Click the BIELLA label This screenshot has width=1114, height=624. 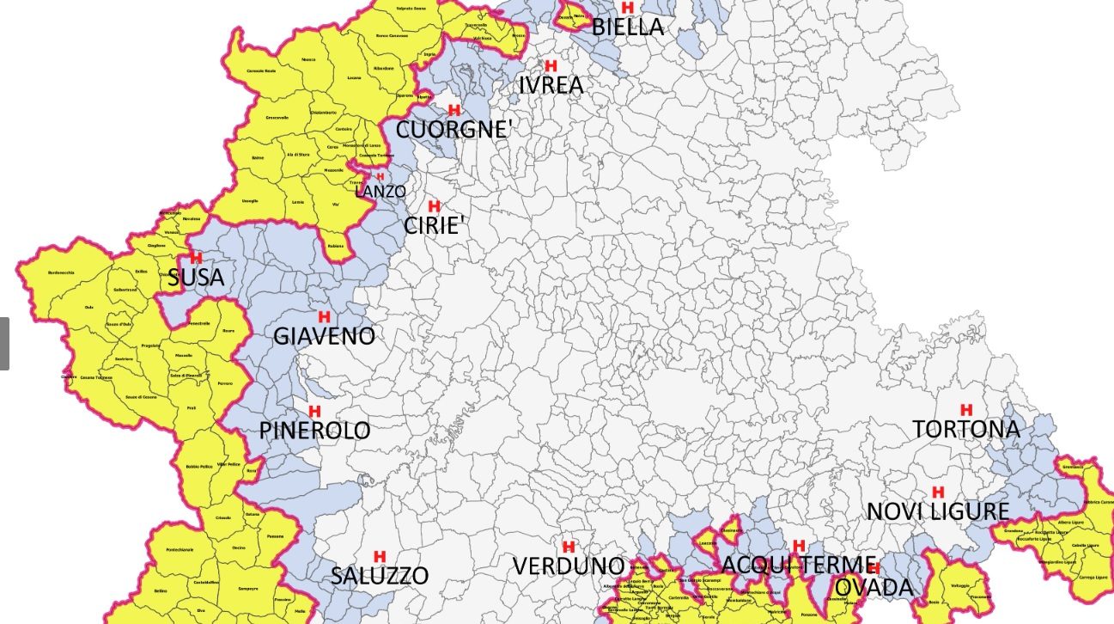coord(628,28)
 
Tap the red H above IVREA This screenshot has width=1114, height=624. coord(551,65)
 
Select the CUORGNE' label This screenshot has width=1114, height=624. coord(454,131)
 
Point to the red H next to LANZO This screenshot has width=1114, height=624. coord(380,177)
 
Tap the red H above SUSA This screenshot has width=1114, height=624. coord(196,258)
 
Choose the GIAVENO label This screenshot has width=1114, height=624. coord(324,336)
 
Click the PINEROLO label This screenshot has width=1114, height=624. coord(314,431)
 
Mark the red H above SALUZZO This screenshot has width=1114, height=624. coord(380,556)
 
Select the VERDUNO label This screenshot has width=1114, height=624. coord(569,566)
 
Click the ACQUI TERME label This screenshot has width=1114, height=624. coord(799,566)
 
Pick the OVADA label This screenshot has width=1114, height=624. coord(873,588)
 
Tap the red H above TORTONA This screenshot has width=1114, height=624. coord(966,410)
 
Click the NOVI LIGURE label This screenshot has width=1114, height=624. coord(937,511)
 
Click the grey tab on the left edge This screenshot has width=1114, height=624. coord(4,344)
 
